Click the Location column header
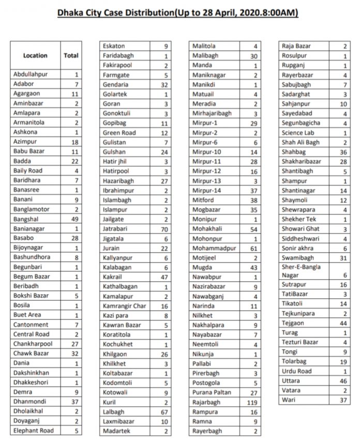tap(35, 55)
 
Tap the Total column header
tap(71, 55)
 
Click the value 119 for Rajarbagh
tap(253, 402)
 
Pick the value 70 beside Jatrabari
tap(164, 229)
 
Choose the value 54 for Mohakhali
tap(253, 229)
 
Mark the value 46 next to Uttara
tap(344, 380)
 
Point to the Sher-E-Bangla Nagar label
tap(301, 271)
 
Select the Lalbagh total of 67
tap(164, 412)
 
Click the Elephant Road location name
tap(34, 430)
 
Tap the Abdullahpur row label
tap(31, 74)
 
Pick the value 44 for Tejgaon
tap(344, 323)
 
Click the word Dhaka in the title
tap(73, 11)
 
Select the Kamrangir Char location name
tap(125, 306)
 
